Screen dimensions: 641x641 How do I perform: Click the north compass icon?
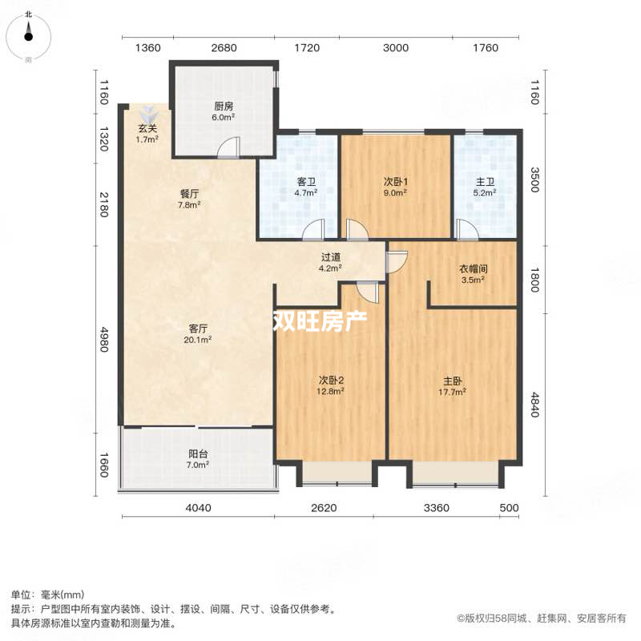point(29,32)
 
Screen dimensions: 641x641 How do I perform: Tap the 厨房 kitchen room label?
point(223,107)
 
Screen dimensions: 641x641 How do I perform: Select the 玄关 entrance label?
point(146,128)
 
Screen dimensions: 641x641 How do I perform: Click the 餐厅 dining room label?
point(189,193)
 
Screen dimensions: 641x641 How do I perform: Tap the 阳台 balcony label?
point(198,453)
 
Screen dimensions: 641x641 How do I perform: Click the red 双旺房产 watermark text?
point(320,321)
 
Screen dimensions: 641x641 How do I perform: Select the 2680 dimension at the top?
point(224,48)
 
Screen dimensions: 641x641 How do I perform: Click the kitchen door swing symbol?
point(229,147)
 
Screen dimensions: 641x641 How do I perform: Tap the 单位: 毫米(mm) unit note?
point(48,595)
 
